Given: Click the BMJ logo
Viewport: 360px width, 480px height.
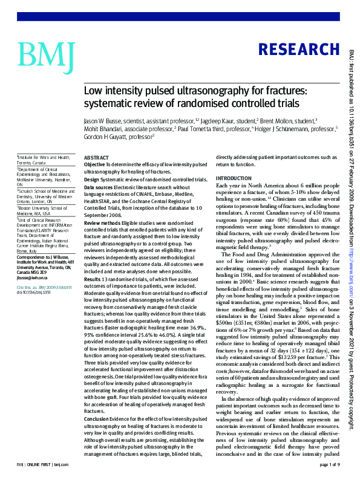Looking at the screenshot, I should click(x=47, y=54).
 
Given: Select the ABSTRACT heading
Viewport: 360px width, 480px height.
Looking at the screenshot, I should click(x=96, y=157).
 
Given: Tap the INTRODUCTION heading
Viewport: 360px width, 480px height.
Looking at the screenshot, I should click(x=234, y=178).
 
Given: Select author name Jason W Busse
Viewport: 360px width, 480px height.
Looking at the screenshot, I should click(x=103, y=121).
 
